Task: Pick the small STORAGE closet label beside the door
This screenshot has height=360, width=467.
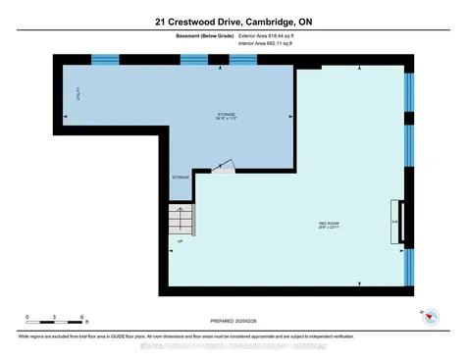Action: pos(181,178)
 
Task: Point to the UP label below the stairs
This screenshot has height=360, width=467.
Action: pos(180,241)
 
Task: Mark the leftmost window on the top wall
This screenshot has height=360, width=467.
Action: pos(104,59)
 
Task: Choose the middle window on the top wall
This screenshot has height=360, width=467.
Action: pos(192,59)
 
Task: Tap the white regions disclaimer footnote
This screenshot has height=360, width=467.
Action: pos(233,335)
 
